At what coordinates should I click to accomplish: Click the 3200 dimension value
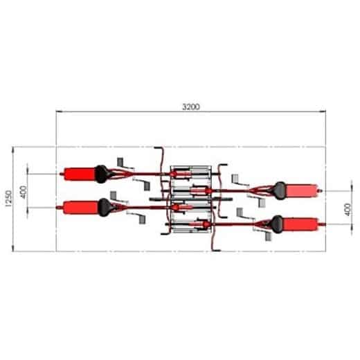click(x=191, y=107)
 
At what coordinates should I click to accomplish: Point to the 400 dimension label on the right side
click(x=348, y=207)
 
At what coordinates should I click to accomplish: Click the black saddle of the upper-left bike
click(x=103, y=173)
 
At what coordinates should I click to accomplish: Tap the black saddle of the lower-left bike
click(x=105, y=206)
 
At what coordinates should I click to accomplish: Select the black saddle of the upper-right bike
click(x=280, y=188)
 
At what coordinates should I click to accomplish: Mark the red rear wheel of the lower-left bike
click(x=80, y=206)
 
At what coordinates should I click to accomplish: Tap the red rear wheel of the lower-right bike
click(x=303, y=223)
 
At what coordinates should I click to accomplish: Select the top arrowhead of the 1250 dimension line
click(x=15, y=149)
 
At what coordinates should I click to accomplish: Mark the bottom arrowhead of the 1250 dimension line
click(x=15, y=249)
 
